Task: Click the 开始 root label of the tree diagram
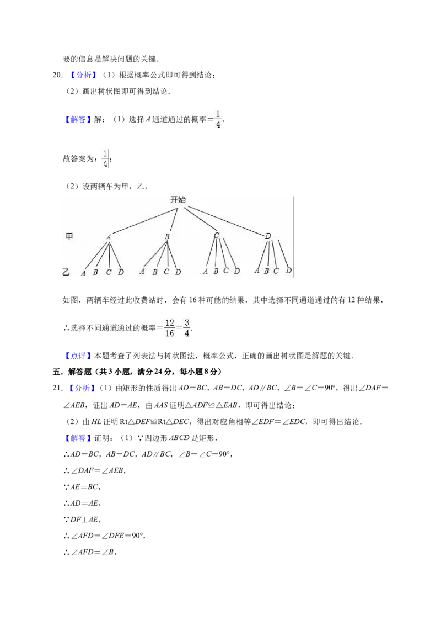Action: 178,200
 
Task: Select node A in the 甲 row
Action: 109,236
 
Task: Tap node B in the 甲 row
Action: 167,236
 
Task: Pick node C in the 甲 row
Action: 217,236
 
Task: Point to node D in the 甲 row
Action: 268,236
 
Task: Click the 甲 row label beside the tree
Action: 69,236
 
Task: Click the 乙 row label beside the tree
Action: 67,272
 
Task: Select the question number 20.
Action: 58,75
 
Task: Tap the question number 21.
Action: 58,388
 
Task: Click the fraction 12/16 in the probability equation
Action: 170,328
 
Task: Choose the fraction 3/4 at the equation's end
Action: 187,328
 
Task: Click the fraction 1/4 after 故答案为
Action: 105,158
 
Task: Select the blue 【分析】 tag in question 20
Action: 83,75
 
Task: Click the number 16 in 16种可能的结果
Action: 192,300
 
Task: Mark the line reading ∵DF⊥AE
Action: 82,520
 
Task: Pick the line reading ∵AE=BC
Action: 82,486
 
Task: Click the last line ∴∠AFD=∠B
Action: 90,552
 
